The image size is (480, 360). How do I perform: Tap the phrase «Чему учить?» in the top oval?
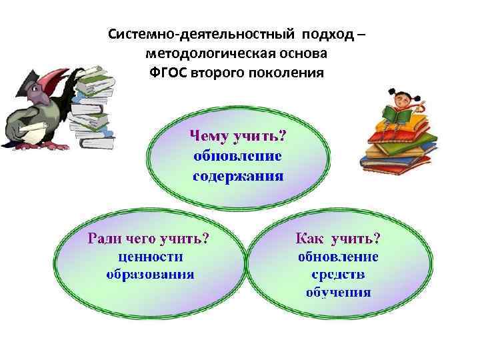[238, 137]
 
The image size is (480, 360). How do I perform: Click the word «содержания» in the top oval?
[238, 177]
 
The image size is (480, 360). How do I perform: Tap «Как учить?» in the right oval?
[338, 238]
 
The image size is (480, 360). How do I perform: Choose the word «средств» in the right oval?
[338, 274]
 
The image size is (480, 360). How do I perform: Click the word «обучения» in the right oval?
[338, 292]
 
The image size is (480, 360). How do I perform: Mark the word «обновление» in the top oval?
[238, 157]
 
